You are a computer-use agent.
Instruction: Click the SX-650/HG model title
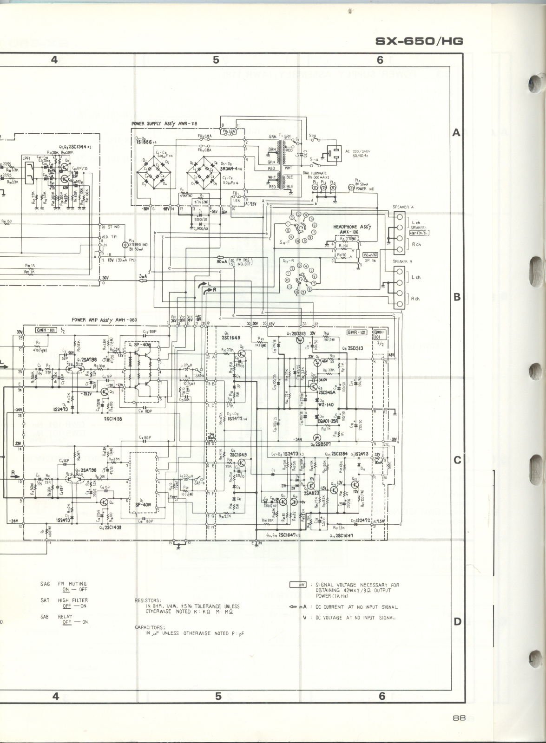coord(419,41)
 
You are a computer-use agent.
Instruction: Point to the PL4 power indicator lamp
coord(350,188)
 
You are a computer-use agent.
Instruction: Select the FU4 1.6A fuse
coord(230,131)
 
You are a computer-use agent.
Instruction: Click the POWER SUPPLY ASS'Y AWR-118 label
coord(164,124)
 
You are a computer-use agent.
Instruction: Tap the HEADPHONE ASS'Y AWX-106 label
coord(350,229)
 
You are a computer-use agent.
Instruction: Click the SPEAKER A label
coord(403,207)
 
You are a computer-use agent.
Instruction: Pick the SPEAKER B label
coord(403,261)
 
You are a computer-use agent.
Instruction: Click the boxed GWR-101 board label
coord(357,332)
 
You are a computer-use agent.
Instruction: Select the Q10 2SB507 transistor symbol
coord(317,437)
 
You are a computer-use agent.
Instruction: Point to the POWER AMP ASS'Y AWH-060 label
coord(105,320)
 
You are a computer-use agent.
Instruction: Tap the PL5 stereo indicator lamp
coord(125,245)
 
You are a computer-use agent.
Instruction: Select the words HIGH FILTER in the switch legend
coord(72,600)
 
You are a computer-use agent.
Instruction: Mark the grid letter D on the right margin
coord(457,621)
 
